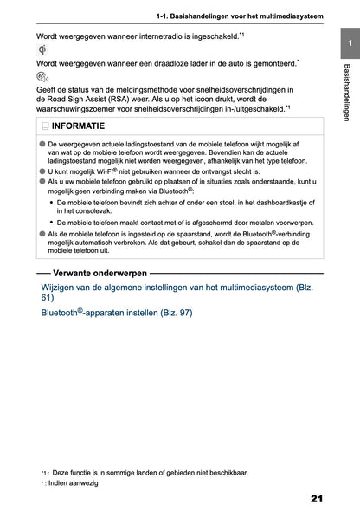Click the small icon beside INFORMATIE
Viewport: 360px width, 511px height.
click(x=45, y=127)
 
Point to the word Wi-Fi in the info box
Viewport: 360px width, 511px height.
click(x=104, y=172)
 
